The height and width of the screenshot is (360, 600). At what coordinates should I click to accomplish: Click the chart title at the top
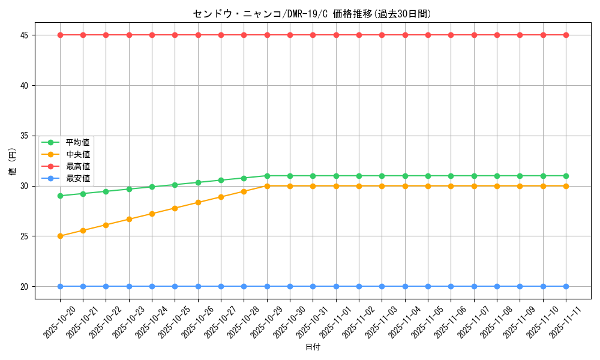click(x=312, y=14)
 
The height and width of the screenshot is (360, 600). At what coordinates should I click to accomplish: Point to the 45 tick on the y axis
click(x=25, y=35)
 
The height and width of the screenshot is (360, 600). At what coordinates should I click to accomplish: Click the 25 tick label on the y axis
click(x=25, y=236)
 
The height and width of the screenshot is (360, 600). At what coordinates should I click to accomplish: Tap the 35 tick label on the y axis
click(x=25, y=136)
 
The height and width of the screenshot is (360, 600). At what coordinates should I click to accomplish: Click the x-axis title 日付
click(x=313, y=347)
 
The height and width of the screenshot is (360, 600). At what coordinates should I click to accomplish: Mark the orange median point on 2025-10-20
click(x=60, y=236)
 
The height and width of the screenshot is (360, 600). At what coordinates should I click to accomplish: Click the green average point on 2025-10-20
click(x=60, y=196)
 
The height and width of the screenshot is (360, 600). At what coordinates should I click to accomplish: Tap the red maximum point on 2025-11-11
click(x=566, y=35)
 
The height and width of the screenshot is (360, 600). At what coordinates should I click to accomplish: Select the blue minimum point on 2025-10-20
click(x=60, y=286)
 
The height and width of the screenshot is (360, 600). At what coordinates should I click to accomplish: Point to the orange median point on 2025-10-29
click(x=267, y=186)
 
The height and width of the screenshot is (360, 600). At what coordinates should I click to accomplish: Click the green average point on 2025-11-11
click(x=566, y=176)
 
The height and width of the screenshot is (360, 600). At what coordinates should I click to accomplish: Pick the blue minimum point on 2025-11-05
click(x=428, y=286)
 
